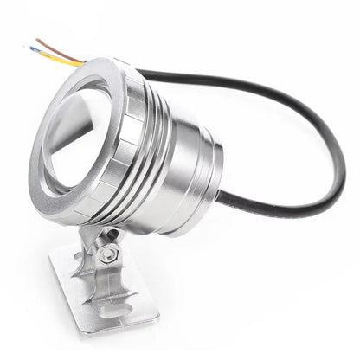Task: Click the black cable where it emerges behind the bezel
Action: (x=144, y=74)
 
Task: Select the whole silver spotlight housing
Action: (x=130, y=147)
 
